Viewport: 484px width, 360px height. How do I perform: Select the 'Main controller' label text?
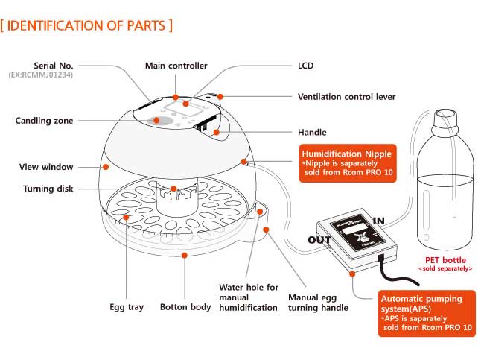[x=176, y=66]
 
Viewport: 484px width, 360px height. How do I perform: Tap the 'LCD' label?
[x=305, y=66]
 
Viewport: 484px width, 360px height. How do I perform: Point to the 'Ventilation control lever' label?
[x=346, y=97]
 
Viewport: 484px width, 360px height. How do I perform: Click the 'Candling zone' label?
[x=44, y=120]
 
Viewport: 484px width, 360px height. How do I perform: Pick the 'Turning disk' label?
[x=48, y=189]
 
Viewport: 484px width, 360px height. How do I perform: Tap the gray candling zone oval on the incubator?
[x=155, y=120]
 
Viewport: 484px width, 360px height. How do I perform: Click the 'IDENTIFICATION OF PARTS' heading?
[x=87, y=26]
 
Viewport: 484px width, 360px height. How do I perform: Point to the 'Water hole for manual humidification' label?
[x=248, y=297]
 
